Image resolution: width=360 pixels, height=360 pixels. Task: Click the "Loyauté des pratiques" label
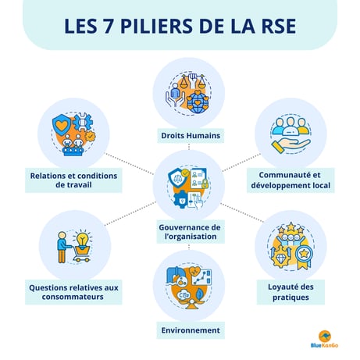[x=290, y=291]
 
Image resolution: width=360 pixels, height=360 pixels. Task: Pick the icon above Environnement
[x=187, y=285]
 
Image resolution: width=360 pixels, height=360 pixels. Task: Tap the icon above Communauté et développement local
[x=290, y=133]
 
